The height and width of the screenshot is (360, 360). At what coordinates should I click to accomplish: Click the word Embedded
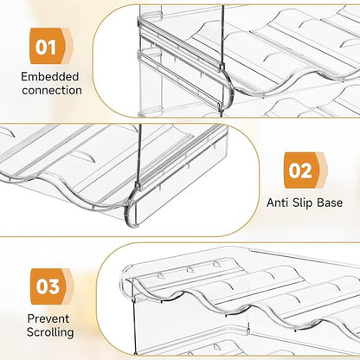[49, 77]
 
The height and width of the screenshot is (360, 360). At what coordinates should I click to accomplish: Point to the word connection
[52, 90]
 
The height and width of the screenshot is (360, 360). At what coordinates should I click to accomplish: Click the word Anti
[277, 202]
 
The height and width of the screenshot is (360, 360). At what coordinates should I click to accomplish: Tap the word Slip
[302, 202]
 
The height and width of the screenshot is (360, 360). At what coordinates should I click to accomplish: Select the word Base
[330, 202]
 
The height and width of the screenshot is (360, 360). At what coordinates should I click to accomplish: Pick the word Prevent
[48, 318]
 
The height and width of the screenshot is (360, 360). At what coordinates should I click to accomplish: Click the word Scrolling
[50, 332]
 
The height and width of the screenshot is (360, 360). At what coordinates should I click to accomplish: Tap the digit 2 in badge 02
[306, 171]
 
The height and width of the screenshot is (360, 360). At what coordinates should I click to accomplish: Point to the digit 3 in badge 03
[54, 287]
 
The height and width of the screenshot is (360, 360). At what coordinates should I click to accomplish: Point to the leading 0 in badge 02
[295, 171]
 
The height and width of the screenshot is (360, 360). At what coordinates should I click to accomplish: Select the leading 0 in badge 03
[42, 287]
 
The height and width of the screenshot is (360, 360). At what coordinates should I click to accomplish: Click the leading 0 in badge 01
[41, 48]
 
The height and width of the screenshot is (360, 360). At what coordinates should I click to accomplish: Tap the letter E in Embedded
[24, 77]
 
